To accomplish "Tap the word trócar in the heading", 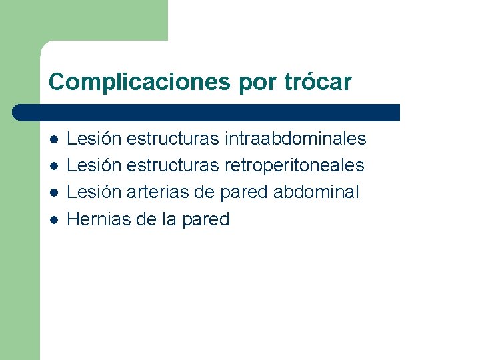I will coord(319,82).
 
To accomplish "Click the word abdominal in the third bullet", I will coord(316,192).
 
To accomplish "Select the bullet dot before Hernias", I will coord(53,219).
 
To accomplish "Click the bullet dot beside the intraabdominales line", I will coord(53,139).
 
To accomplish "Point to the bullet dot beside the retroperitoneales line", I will coord(53,166).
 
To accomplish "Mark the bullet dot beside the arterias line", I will coord(53,193).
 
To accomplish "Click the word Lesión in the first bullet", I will coord(95,139).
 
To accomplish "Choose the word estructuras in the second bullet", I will coord(172,165).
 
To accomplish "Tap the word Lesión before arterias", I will coord(95,192).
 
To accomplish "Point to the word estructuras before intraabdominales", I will coord(172,139).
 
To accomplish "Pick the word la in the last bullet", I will coord(169,219).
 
